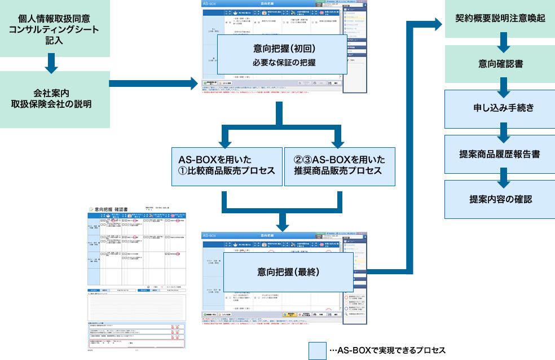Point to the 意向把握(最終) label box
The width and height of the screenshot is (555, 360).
(288, 272)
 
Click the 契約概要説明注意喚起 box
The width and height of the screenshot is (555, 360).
(500, 18)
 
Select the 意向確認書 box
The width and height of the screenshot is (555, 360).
(500, 64)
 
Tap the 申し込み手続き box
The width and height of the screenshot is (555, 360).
(500, 108)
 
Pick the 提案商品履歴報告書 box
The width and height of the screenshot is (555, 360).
(500, 153)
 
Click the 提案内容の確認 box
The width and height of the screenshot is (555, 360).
(500, 199)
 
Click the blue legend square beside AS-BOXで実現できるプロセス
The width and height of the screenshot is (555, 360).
(317, 350)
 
